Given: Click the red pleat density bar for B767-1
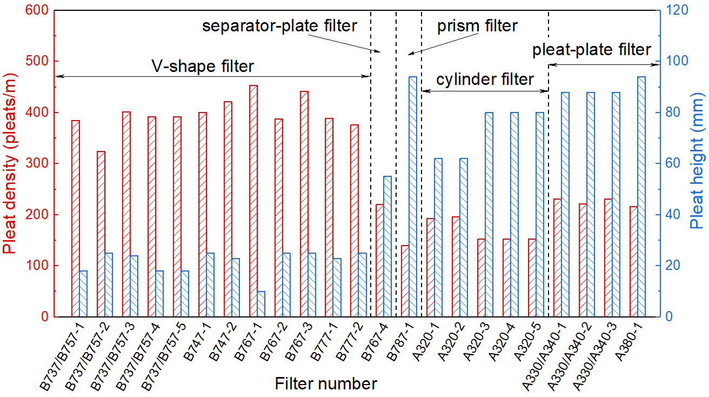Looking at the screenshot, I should click(x=253, y=201).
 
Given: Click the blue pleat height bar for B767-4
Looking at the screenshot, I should click(x=387, y=246).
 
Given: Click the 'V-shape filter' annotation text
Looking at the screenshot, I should click(x=202, y=67).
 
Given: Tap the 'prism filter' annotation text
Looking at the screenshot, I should click(x=477, y=25).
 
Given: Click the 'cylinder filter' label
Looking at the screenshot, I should click(x=485, y=80).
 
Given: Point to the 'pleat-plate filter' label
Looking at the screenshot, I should click(x=592, y=50).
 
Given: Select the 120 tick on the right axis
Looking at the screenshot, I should click(x=672, y=10).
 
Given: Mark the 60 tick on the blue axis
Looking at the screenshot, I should click(x=670, y=163).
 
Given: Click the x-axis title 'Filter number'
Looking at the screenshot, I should click(x=325, y=384).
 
